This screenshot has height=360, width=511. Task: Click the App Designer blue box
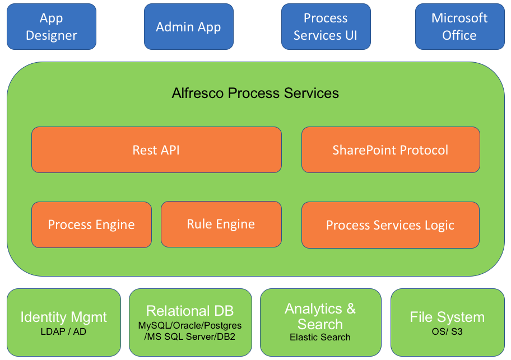click(x=52, y=27)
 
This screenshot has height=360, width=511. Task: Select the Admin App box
click(x=188, y=27)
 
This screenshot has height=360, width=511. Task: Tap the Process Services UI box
click(x=326, y=27)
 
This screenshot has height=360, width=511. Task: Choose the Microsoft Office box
click(x=459, y=27)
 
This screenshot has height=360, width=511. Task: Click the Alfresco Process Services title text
click(x=255, y=93)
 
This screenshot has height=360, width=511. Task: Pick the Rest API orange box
click(x=156, y=150)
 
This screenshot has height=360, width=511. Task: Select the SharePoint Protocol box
click(x=391, y=150)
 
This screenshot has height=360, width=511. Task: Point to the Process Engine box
click(x=91, y=225)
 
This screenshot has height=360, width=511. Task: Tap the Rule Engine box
click(x=221, y=225)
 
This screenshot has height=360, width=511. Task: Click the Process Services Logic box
click(x=391, y=225)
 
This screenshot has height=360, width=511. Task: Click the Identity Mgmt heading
click(x=63, y=317)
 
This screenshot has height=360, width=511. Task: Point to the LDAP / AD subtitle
click(x=63, y=331)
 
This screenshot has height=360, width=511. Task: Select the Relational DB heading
click(x=190, y=311)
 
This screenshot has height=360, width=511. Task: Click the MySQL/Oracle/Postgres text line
click(x=190, y=325)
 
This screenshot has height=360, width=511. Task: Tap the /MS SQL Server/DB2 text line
click(x=190, y=336)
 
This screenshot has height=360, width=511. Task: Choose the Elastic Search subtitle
click(x=320, y=337)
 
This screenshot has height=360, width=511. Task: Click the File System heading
click(x=447, y=317)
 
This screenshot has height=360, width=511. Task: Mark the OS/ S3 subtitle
click(x=447, y=331)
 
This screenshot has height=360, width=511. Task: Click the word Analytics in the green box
click(x=313, y=308)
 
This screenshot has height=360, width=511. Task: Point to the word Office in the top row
click(x=459, y=35)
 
